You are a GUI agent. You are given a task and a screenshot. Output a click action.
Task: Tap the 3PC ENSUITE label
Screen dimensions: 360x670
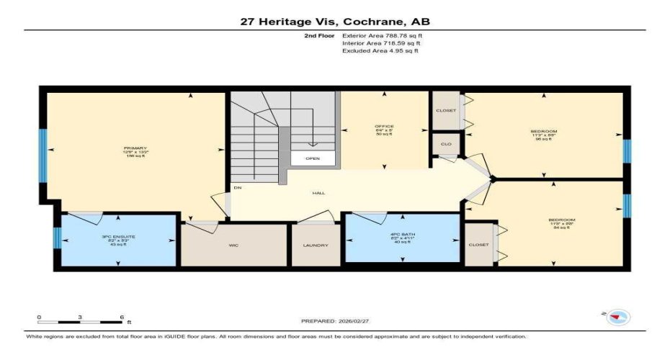(x=119, y=236)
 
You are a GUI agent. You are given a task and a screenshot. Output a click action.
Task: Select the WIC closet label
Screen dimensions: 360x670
(x=234, y=245)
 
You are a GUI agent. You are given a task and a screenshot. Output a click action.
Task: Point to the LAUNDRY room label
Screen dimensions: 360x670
(x=316, y=245)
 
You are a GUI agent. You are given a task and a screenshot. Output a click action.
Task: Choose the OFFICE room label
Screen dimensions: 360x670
(x=384, y=127)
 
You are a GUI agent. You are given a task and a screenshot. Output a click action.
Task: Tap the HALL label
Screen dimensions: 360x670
(x=318, y=193)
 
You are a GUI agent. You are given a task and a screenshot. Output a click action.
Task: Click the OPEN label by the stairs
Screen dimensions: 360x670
(x=313, y=158)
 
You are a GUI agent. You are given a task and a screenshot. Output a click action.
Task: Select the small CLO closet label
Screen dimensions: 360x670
(x=446, y=145)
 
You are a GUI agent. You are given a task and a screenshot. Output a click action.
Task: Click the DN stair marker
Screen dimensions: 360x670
(x=236, y=189)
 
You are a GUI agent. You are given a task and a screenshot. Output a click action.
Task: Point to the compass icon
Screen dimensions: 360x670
(x=617, y=316)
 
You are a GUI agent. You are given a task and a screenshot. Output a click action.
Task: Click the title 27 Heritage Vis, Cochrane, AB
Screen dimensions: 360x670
(x=334, y=22)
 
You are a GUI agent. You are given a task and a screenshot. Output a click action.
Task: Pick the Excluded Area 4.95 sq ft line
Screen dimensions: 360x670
(x=380, y=51)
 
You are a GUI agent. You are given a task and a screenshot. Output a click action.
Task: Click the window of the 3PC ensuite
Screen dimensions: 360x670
(x=57, y=238)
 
